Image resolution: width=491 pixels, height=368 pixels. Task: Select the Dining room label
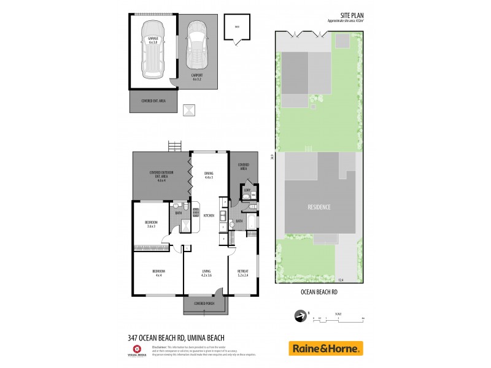point(209,175)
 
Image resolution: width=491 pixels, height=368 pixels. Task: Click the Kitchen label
point(209,216)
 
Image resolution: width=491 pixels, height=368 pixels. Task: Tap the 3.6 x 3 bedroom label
point(151,224)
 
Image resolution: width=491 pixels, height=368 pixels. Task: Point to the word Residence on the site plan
point(319,207)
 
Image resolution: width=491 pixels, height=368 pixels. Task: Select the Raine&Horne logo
point(325,348)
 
